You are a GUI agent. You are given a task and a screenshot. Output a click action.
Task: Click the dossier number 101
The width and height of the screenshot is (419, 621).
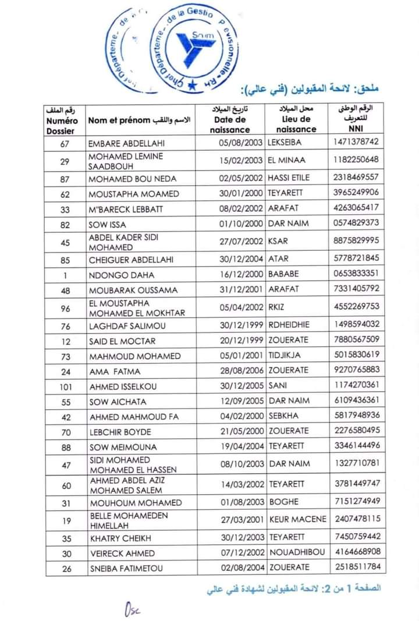click(66, 386)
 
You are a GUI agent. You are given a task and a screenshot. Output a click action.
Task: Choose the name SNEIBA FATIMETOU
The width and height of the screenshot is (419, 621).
click(126, 568)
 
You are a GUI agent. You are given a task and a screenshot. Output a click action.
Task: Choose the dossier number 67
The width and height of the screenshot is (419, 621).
click(65, 143)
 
